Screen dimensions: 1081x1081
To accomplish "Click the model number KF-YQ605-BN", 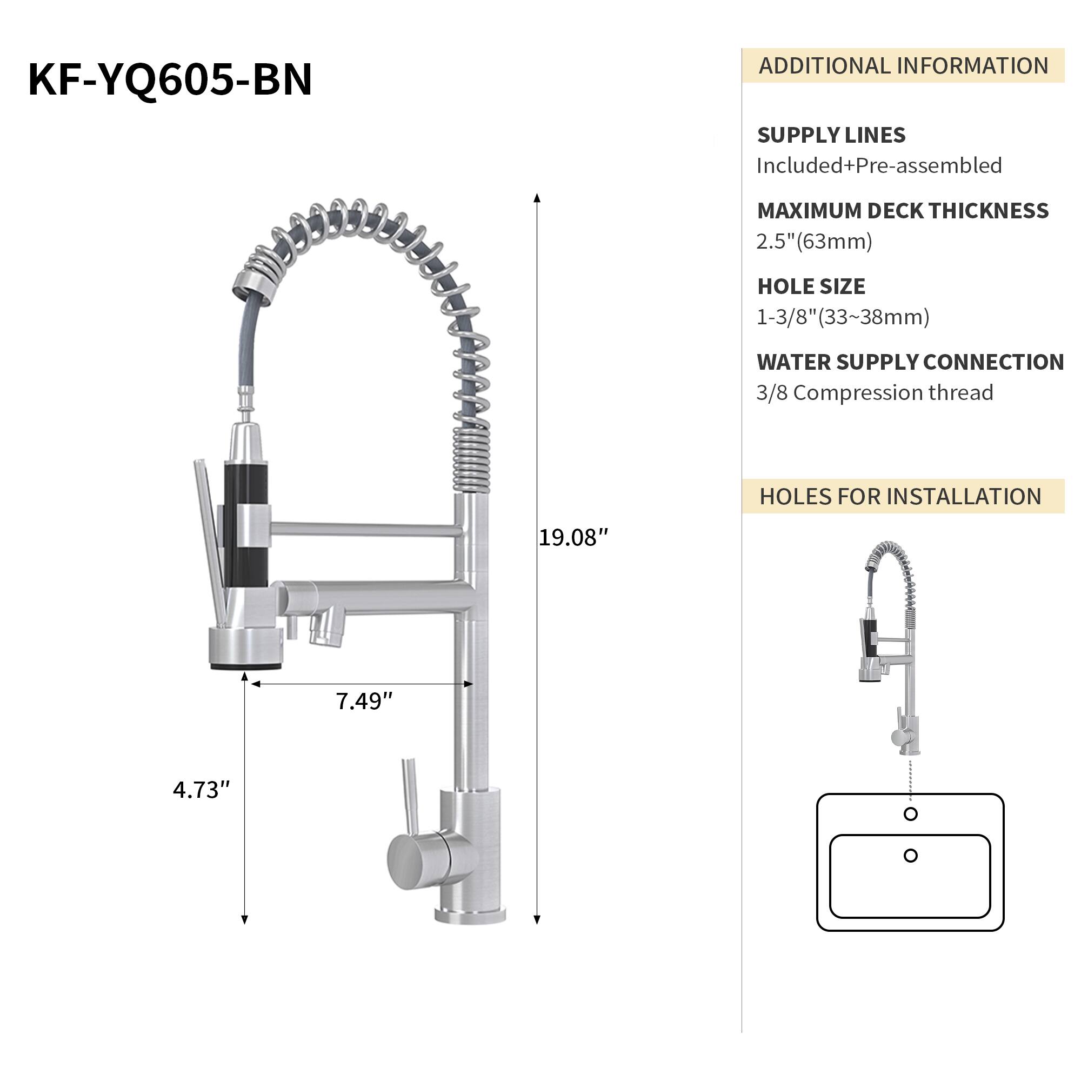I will pos(170,79).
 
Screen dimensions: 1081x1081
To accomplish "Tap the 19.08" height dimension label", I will pos(572,538).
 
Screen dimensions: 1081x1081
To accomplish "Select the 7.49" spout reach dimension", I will pos(364,701).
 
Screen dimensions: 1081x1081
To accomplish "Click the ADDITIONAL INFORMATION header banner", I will pos(903,66).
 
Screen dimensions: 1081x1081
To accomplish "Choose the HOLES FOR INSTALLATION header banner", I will pos(903,496).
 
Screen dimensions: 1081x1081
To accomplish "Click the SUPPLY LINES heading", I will pos(831,136).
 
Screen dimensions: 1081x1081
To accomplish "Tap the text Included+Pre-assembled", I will pos(879,165).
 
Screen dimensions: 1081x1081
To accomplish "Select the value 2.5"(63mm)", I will pos(814,241).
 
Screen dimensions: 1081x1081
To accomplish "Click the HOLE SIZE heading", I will pos(811,286).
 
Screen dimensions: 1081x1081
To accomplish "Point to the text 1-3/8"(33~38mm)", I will pos(843,317).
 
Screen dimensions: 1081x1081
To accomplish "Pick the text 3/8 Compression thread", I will pos(875,393).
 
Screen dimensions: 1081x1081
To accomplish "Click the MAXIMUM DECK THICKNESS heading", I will pos(903,211).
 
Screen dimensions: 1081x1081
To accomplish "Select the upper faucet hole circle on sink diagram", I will pos(910,814).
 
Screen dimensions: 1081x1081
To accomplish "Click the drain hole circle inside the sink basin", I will pos(910,856).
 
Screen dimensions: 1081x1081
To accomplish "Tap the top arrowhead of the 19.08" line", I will pos(537,197).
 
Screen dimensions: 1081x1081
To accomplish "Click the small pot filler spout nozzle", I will pos(327,632).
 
